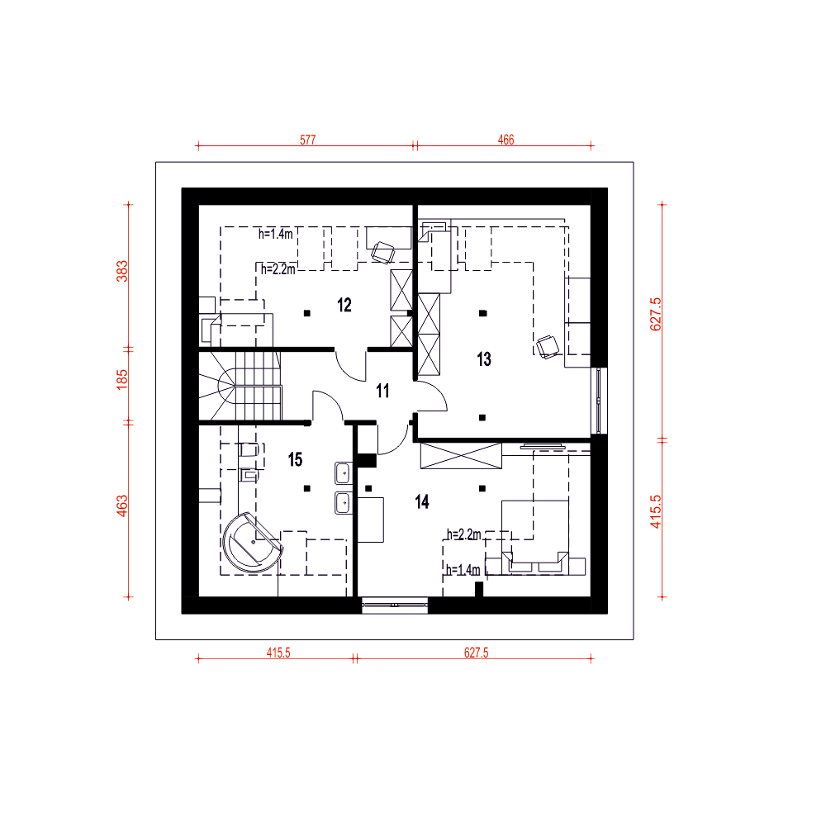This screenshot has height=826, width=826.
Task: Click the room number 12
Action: pos(344,305)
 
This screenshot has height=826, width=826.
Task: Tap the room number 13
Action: pos(483,359)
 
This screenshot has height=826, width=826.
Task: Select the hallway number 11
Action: pos(382,391)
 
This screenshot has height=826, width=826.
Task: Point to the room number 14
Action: pos(422,501)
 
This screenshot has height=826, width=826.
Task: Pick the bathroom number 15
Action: pos(295,459)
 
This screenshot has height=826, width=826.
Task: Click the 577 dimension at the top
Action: pos(307,140)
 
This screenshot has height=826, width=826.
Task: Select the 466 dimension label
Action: pos(506,140)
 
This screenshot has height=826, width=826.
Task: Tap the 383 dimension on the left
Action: pos(122,271)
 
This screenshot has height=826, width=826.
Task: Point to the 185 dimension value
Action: pos(122,380)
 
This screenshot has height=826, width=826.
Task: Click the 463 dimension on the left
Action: pos(122,506)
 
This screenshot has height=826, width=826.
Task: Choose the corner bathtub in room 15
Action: pos(252,543)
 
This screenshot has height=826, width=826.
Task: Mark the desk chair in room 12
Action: pos(383,252)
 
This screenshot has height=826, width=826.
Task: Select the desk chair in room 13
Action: pos(548,347)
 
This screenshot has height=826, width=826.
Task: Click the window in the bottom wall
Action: pos(395,605)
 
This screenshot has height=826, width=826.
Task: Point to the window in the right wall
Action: pos(599,401)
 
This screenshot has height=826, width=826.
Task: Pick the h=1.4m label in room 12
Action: pos(275,234)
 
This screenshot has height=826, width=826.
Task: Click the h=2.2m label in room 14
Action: pos(463,534)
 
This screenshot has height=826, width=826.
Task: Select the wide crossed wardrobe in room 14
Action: pos(461,456)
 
